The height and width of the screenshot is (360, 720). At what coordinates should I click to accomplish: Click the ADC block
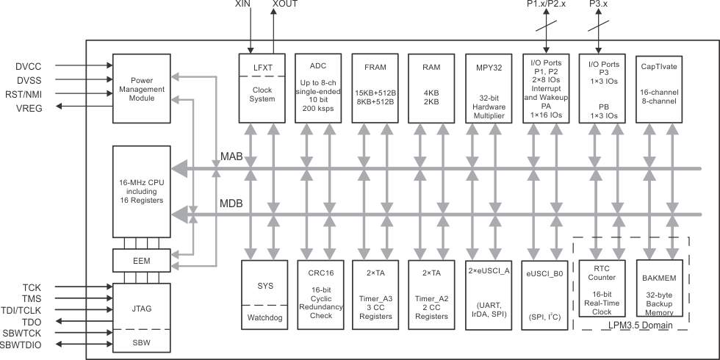click(x=317, y=87)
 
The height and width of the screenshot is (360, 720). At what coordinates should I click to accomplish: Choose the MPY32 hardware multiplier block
click(x=488, y=87)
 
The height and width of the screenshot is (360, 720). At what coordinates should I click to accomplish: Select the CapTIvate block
click(x=658, y=87)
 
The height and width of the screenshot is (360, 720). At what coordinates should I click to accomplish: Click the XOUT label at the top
click(x=286, y=4)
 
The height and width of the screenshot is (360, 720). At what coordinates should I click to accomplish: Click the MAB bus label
click(x=231, y=157)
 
